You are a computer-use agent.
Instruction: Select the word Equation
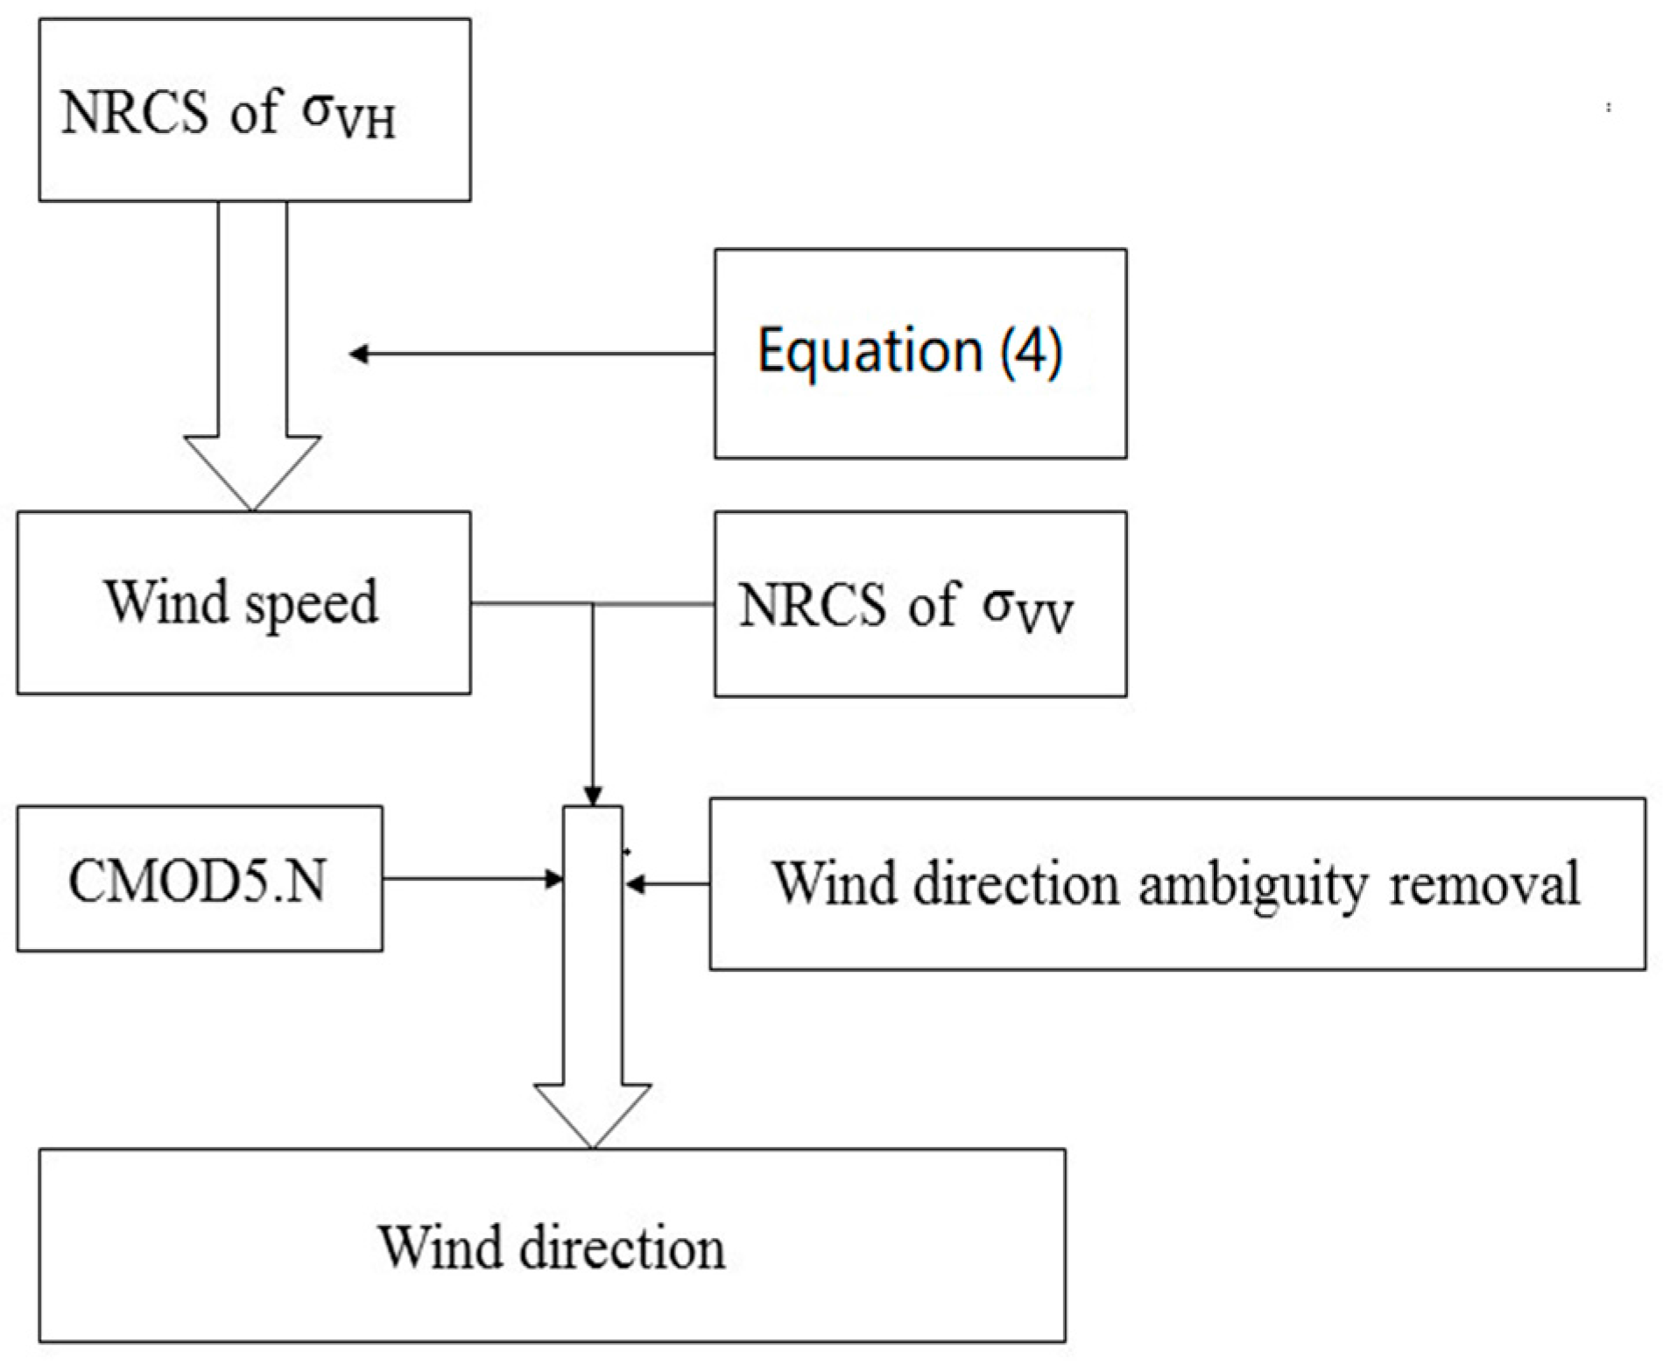click(870, 350)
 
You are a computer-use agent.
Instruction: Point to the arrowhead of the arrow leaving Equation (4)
click(357, 354)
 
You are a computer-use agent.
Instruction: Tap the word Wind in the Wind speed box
click(168, 601)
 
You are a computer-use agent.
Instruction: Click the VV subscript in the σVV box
click(1047, 616)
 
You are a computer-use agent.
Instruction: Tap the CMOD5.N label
click(197, 880)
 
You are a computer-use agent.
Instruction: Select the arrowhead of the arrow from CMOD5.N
click(555, 879)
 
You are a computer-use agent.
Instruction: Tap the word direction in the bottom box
click(622, 1247)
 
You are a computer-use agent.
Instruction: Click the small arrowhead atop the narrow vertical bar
click(593, 798)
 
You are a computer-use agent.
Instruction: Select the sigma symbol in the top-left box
click(321, 112)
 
